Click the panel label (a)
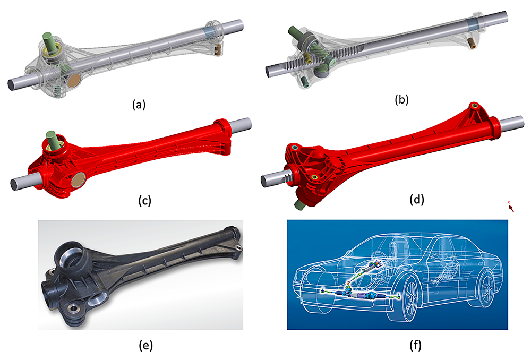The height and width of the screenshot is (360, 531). point(138,105)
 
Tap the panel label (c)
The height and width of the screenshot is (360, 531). point(143,200)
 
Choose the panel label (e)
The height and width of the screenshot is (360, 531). point(144,346)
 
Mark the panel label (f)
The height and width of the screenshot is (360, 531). point(398,346)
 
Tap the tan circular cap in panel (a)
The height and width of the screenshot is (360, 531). point(76,81)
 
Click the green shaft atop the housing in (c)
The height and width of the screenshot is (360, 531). point(52,139)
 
